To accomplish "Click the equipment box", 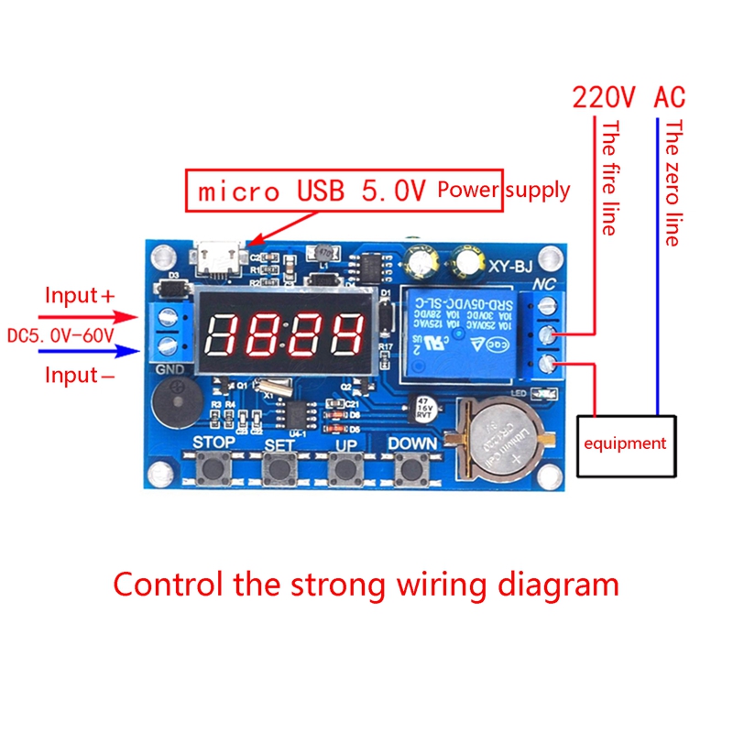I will [x=626, y=443].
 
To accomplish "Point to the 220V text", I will [x=603, y=97].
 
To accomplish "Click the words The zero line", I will [x=673, y=183].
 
